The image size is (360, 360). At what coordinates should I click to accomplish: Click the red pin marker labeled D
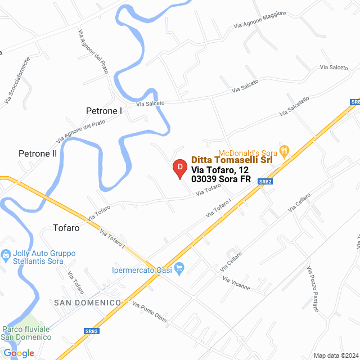(x=179, y=168)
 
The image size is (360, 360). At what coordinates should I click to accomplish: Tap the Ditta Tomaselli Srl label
(x=232, y=160)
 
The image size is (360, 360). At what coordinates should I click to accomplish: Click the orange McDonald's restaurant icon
(x=285, y=150)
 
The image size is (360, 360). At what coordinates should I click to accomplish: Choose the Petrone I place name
(x=104, y=111)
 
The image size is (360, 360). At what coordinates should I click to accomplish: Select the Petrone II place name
(x=38, y=153)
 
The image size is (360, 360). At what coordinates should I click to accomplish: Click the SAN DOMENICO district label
(x=87, y=303)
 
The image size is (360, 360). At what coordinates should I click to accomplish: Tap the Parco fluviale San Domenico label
(x=26, y=333)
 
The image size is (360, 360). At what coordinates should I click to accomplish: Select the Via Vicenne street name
(x=236, y=283)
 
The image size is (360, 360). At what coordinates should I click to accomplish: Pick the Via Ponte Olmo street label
(x=150, y=312)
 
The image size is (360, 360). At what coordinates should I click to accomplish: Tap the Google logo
(x=18, y=353)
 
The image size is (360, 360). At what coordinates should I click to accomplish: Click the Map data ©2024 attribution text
(x=336, y=355)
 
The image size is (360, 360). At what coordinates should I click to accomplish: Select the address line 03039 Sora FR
(x=221, y=179)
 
